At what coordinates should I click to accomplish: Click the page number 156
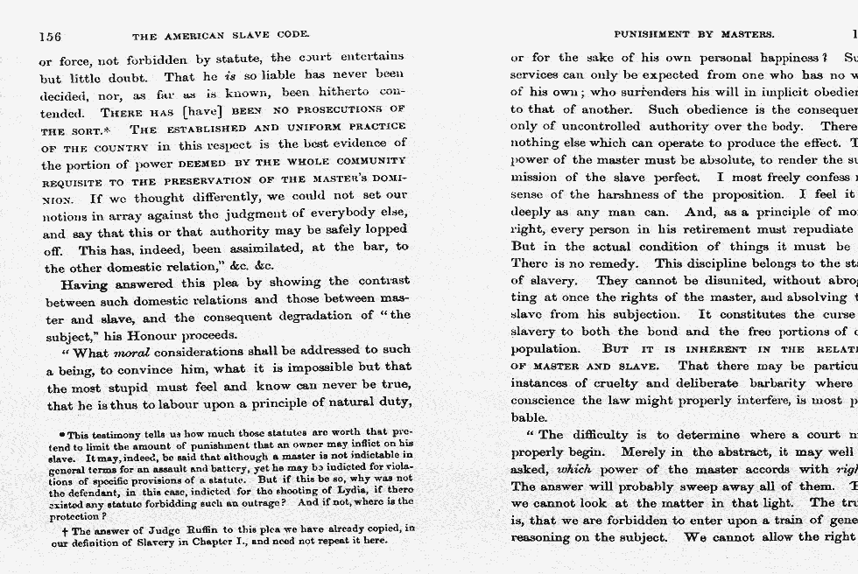pyautogui.click(x=50, y=36)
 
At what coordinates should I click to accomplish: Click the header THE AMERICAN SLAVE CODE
pyautogui.click(x=220, y=36)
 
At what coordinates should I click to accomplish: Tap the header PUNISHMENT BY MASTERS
pyautogui.click(x=693, y=35)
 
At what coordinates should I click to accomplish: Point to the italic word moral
pyautogui.click(x=131, y=353)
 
